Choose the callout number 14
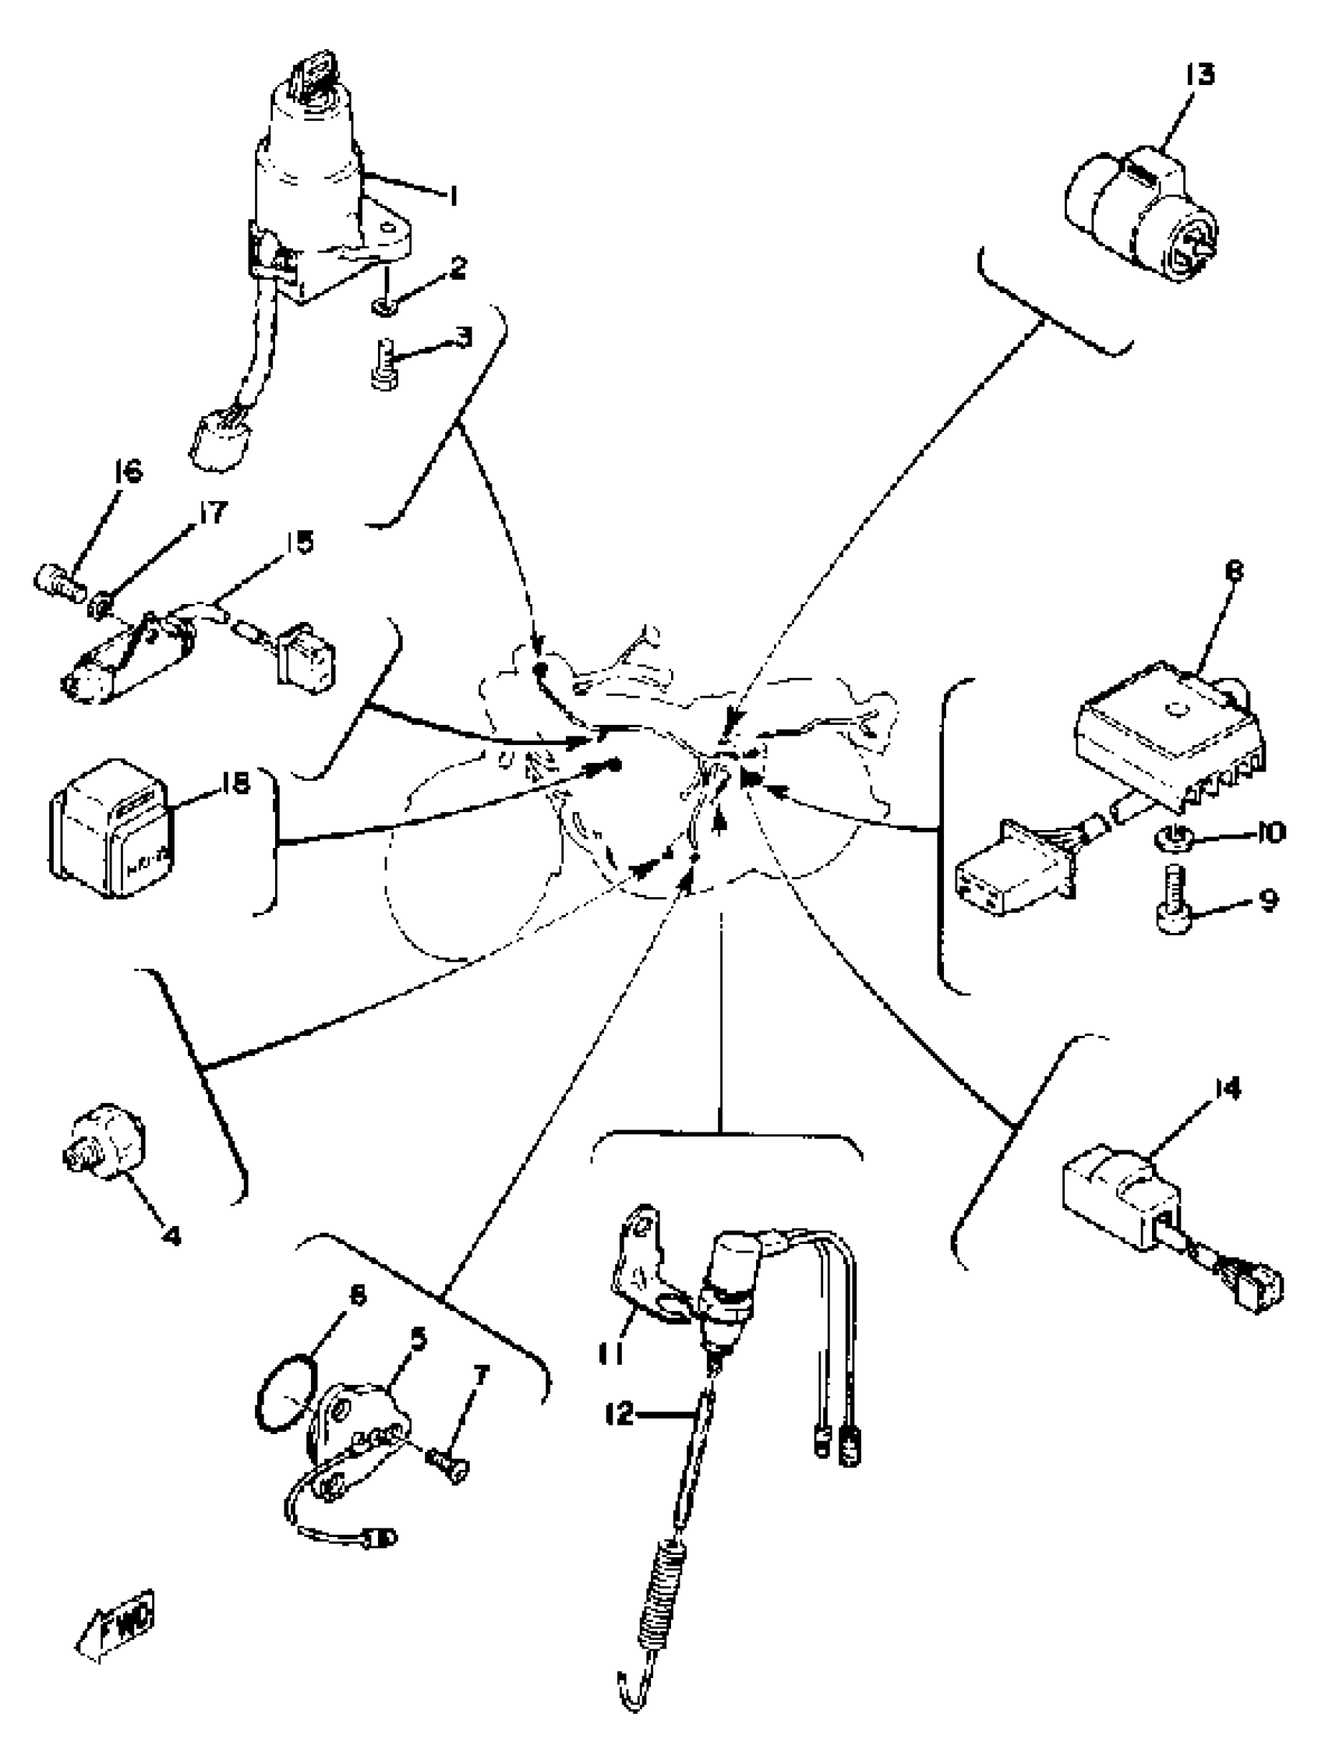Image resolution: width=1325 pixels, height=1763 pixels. tap(1228, 1090)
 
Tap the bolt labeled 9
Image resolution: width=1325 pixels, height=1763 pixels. tap(1171, 902)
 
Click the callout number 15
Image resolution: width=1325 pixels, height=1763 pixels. tap(299, 542)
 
